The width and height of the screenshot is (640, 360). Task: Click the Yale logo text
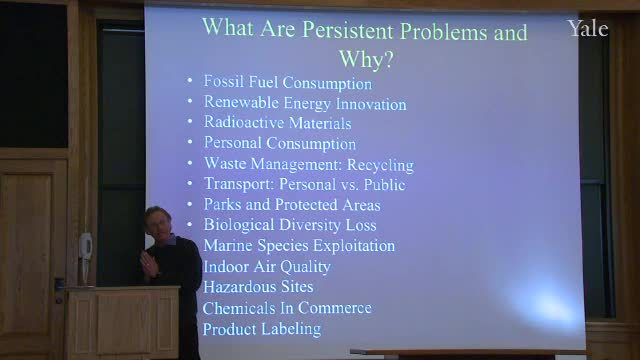(x=588, y=29)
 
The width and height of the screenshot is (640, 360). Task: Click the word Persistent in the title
(x=348, y=30)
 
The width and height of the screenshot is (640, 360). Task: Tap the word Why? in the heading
(x=366, y=59)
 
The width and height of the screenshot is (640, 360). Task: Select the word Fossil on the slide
(x=224, y=81)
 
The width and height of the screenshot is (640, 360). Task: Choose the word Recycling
(x=380, y=165)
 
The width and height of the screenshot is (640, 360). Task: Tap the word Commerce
(x=335, y=308)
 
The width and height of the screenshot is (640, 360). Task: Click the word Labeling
(x=291, y=329)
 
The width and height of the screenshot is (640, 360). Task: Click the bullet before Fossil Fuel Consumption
(x=189, y=80)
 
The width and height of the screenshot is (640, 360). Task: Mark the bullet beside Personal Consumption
(x=189, y=142)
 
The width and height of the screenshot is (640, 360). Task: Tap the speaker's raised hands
(x=148, y=264)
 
